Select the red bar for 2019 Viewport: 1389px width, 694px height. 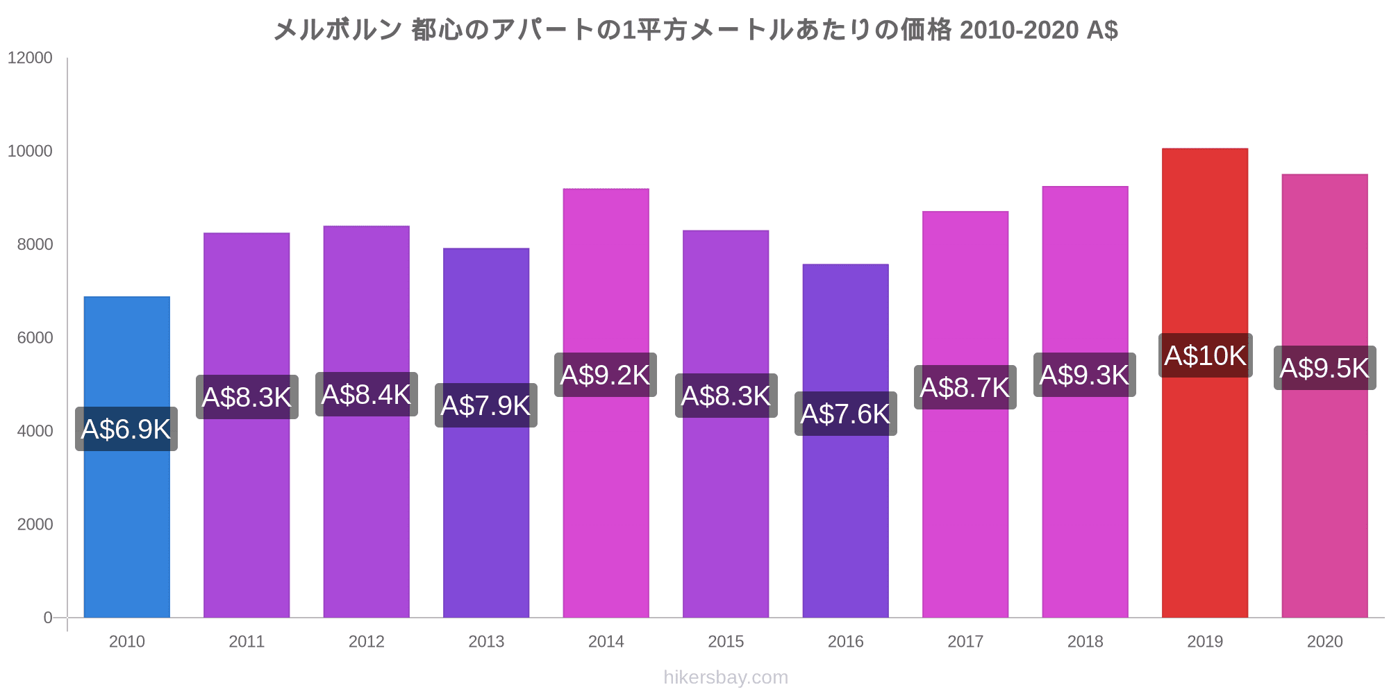[x=1205, y=486]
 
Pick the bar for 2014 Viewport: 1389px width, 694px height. [x=606, y=500]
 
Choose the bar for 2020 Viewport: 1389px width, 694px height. [x=1324, y=500]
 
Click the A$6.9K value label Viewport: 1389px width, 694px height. [x=126, y=430]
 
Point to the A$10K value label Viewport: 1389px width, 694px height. [x=1206, y=356]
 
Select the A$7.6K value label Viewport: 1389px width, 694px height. [x=846, y=414]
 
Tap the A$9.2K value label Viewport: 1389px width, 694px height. [x=606, y=375]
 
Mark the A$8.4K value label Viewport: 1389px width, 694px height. [x=367, y=395]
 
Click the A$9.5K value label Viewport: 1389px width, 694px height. [x=1324, y=369]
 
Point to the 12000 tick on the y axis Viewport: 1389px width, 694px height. [x=30, y=58]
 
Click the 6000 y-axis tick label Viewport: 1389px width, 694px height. [x=35, y=338]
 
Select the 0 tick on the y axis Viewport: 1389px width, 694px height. [x=48, y=618]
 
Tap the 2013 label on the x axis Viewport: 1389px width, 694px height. [x=486, y=642]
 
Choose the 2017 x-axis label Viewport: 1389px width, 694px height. [x=965, y=642]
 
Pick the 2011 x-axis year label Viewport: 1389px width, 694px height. [x=247, y=642]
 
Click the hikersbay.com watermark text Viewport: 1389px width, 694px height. [x=726, y=677]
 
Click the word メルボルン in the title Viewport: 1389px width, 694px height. [x=338, y=31]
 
